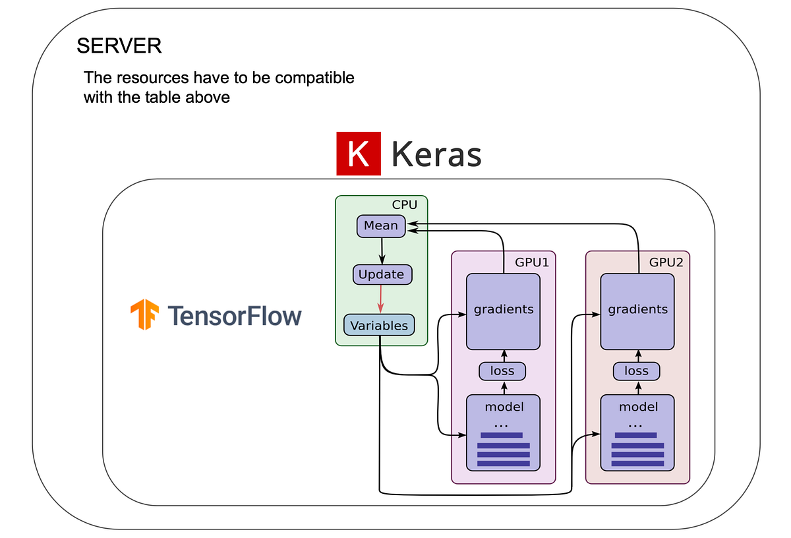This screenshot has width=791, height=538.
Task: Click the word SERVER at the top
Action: (x=119, y=46)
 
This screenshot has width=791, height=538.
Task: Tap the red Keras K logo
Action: (x=359, y=154)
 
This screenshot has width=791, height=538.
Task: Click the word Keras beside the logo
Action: (x=436, y=155)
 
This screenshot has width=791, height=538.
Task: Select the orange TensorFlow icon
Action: (x=144, y=315)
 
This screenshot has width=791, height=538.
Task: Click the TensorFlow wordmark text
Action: (x=234, y=316)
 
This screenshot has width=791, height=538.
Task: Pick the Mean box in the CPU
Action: (x=381, y=225)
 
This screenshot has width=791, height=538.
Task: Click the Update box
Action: (x=382, y=274)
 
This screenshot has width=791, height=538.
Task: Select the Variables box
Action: (x=379, y=325)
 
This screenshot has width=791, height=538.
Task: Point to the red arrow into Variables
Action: (x=381, y=299)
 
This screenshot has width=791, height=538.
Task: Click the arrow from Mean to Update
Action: (x=381, y=251)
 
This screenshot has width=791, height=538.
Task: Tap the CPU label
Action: (x=404, y=205)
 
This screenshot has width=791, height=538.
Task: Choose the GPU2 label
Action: (x=666, y=262)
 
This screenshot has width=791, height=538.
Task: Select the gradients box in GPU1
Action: (x=504, y=310)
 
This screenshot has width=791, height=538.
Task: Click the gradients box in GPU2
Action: (x=637, y=310)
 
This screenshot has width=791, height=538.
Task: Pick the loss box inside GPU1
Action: (x=503, y=371)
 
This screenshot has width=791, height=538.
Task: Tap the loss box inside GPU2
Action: (x=637, y=371)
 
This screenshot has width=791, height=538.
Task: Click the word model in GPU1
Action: (x=504, y=407)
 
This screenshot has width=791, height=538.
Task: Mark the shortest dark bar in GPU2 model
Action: (x=635, y=435)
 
